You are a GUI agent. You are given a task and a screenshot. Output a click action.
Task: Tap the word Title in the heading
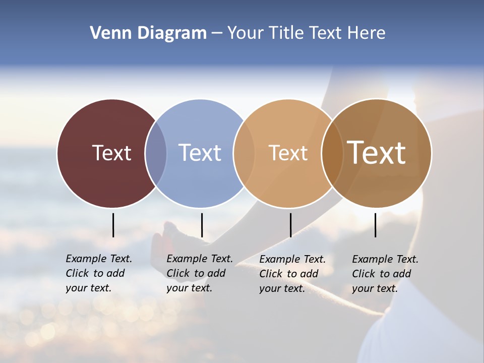[x=287, y=33]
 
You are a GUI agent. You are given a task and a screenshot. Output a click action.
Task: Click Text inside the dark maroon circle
[x=111, y=153]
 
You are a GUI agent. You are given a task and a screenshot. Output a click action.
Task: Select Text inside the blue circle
[x=200, y=153]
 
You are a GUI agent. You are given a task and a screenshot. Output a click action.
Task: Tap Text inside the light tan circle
[x=288, y=153]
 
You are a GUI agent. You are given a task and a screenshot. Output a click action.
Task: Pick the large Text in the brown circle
[x=376, y=153]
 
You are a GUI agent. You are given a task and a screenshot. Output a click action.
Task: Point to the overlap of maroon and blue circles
[x=156, y=153]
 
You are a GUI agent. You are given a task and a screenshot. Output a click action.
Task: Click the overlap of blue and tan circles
[x=244, y=153]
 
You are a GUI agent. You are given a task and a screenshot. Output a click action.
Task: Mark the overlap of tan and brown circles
[x=332, y=153]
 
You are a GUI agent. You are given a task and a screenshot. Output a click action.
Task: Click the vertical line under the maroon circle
[x=113, y=225]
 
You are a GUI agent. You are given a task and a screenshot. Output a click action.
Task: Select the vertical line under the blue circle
[x=202, y=225]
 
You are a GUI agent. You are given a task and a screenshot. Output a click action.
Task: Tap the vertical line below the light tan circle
[x=290, y=225]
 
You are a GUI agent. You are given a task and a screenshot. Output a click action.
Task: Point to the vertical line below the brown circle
[x=375, y=225]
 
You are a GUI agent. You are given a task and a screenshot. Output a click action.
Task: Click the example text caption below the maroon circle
[x=98, y=273]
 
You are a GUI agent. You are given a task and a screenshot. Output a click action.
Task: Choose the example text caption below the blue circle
[x=199, y=273]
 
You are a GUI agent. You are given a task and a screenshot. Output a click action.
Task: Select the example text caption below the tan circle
[x=292, y=274]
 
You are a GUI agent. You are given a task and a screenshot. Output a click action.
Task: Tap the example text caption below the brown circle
[x=385, y=274]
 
